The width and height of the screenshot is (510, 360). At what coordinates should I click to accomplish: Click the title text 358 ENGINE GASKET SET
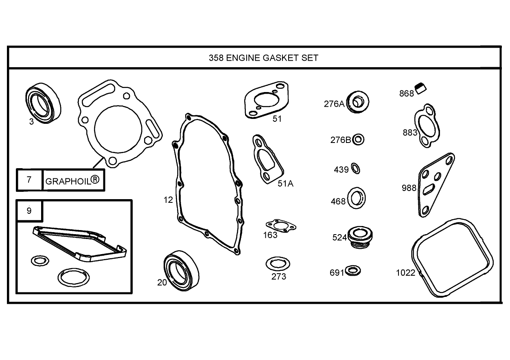[263, 57]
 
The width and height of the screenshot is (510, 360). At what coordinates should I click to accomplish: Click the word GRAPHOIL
[68, 181]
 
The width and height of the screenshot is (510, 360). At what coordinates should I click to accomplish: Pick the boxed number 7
[29, 179]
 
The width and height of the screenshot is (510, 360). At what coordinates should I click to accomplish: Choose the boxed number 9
[29, 211]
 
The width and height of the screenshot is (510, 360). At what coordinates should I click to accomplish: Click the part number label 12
[168, 200]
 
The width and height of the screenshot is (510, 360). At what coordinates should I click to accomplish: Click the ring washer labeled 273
[278, 264]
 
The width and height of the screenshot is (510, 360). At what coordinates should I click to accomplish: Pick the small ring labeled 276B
[359, 140]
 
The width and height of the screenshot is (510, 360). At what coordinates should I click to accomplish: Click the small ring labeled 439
[355, 168]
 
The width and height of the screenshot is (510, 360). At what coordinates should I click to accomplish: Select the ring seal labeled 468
[357, 198]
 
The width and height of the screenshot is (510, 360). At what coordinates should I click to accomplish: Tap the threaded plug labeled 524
[360, 237]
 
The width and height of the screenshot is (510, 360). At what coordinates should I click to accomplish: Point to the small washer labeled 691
[352, 270]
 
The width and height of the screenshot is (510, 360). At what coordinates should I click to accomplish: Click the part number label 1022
[406, 272]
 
